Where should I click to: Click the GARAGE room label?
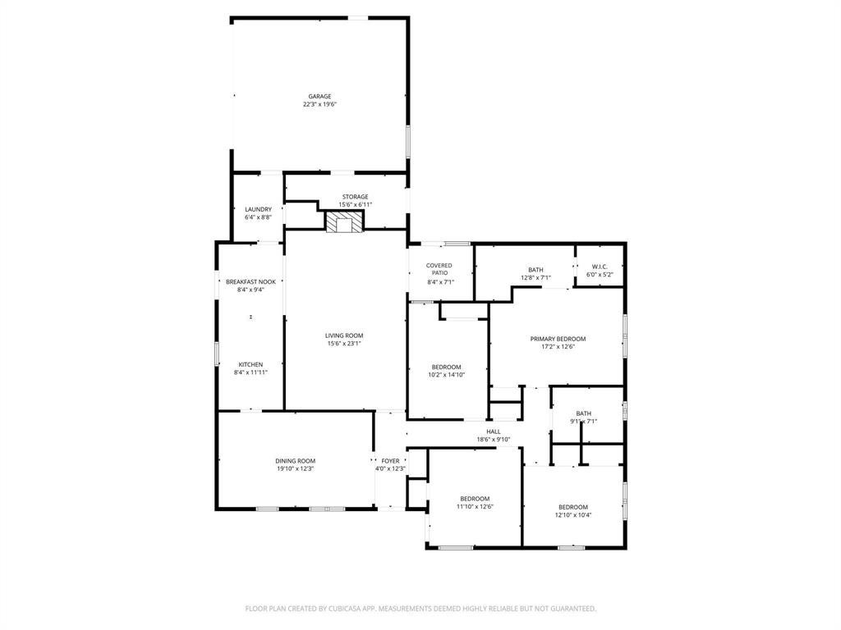(319, 97)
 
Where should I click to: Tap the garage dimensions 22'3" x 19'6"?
(319, 104)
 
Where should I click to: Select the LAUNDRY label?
(258, 209)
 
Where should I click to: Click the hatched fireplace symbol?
(344, 221)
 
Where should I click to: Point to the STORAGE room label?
(355, 197)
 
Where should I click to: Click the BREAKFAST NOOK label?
(250, 282)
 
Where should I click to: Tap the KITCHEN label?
(250, 365)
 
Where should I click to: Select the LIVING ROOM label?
(344, 336)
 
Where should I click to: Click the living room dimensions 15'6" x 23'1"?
(344, 344)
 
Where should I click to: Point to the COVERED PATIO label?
(439, 269)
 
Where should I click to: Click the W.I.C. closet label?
(600, 267)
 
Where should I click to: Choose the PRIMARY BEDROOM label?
(558, 339)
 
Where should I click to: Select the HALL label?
(494, 431)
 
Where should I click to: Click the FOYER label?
(390, 461)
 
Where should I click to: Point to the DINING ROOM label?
(295, 461)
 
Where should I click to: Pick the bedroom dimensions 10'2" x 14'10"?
(446, 375)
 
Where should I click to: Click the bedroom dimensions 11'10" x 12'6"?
(475, 506)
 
